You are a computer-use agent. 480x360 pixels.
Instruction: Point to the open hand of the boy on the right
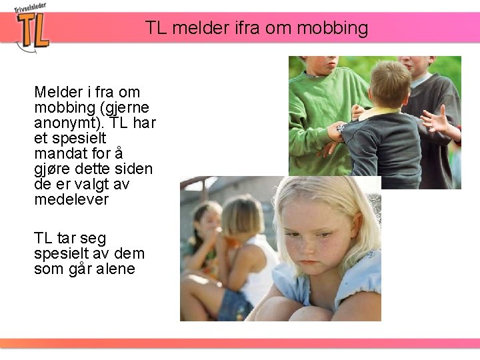pos(437,120)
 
